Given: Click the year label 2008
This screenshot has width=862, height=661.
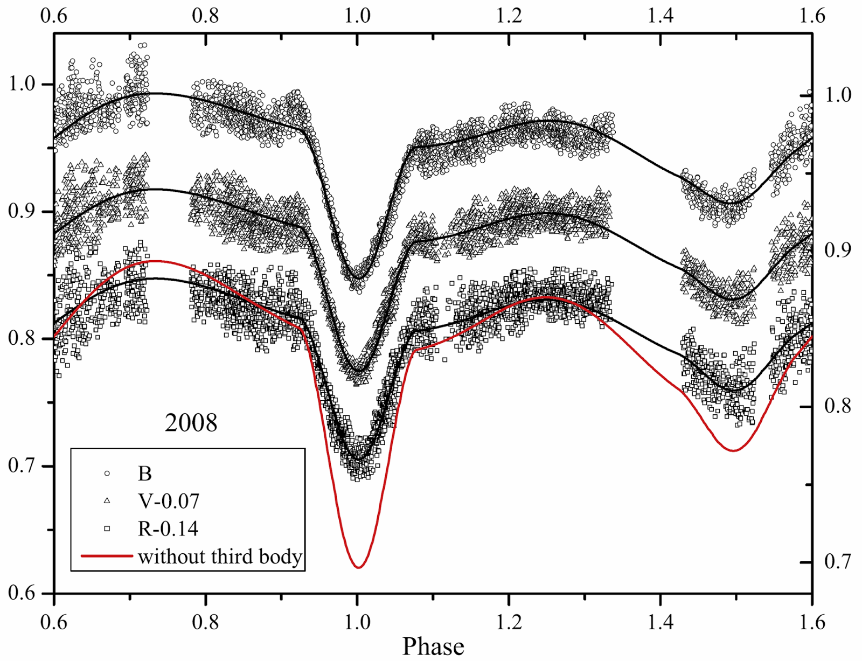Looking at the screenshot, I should (191, 423).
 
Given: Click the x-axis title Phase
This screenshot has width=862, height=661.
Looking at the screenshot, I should (433, 646).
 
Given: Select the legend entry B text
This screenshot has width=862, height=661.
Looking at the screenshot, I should (145, 474).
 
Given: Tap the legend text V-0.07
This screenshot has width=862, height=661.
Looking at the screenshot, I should (169, 501).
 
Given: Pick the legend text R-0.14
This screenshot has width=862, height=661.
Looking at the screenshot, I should (168, 528).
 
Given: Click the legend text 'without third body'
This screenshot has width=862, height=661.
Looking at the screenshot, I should (220, 556).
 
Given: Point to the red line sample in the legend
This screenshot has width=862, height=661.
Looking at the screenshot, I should (106, 555).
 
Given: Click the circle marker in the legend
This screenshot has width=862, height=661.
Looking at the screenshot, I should (107, 473).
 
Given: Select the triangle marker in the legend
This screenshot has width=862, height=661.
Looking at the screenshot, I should (107, 501).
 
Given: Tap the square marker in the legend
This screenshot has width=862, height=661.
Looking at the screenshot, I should (107, 529).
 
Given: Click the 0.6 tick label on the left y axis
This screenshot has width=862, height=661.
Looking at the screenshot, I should (22, 593).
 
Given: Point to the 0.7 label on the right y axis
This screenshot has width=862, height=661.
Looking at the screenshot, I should (838, 562).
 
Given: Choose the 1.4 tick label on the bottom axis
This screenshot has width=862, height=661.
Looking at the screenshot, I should (661, 622).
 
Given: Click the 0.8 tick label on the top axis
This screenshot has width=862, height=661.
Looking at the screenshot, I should (205, 16).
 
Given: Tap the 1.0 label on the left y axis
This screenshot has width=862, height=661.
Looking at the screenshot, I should (22, 84).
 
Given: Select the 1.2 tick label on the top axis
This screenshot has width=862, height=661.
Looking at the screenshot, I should (509, 16).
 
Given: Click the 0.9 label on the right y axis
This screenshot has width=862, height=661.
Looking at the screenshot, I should (838, 250).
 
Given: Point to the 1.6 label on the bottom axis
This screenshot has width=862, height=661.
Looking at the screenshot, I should (812, 622).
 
